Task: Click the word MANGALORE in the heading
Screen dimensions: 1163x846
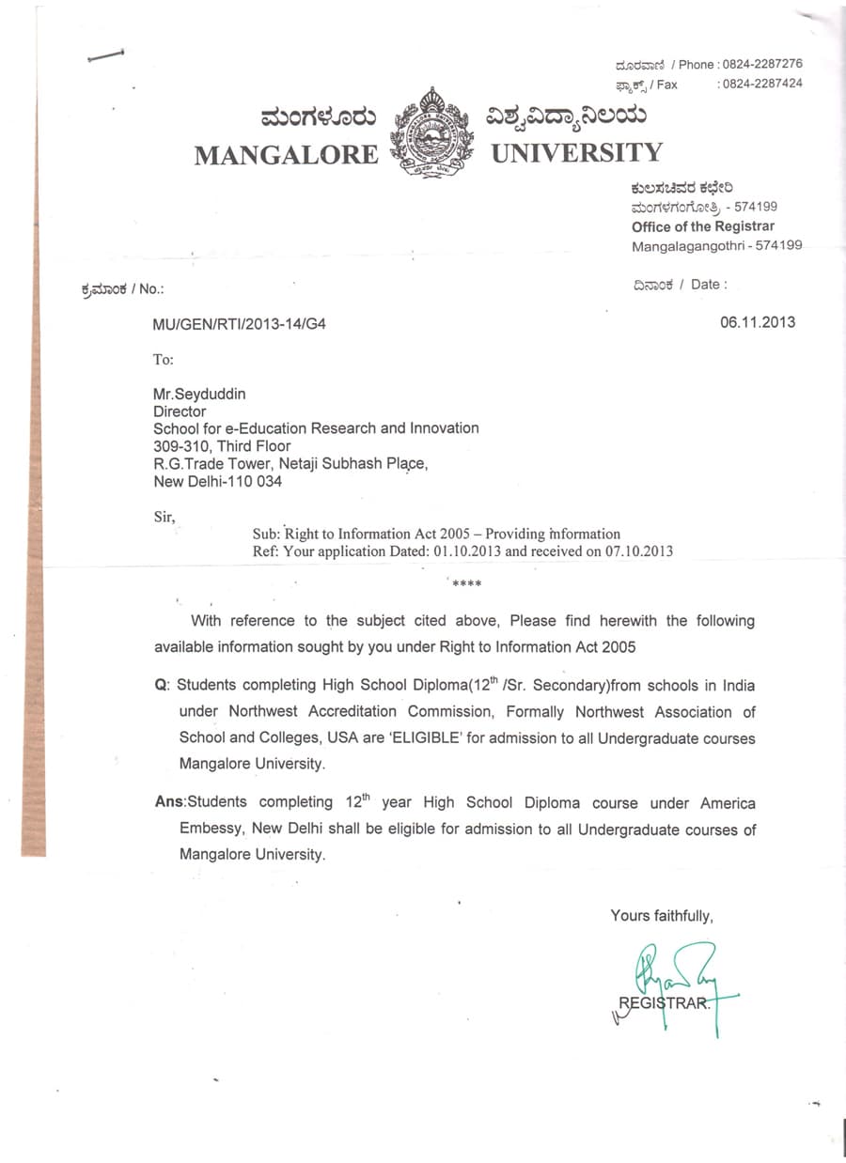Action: [x=286, y=155]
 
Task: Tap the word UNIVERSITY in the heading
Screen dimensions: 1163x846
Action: [x=576, y=152]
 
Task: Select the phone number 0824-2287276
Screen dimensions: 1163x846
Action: [x=760, y=64]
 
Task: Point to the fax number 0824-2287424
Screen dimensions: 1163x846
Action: [x=760, y=84]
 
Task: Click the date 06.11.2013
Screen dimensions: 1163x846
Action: [x=758, y=322]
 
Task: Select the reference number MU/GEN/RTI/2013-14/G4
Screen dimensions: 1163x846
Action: [x=241, y=324]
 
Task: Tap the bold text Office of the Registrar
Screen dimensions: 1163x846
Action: [x=703, y=226]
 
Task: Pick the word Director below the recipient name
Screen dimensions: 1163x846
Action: [x=179, y=411]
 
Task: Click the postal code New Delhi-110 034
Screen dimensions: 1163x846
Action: [x=217, y=482]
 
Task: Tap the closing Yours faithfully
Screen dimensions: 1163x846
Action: [x=662, y=915]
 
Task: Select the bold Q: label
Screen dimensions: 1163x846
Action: [x=162, y=687]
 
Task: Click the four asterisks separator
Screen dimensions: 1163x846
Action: [x=466, y=584]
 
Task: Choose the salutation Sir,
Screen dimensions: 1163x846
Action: [x=164, y=517]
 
